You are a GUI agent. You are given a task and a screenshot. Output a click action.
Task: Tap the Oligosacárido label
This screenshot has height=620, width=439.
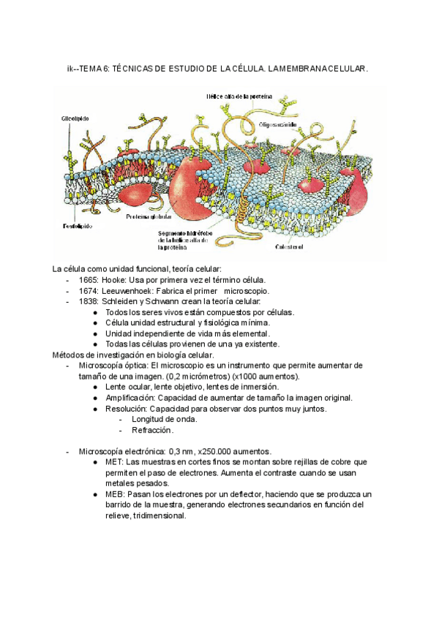click(x=277, y=124)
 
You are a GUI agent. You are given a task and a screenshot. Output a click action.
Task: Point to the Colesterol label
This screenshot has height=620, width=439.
click(x=289, y=247)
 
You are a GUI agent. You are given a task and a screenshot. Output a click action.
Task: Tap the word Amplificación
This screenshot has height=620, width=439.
click(x=129, y=398)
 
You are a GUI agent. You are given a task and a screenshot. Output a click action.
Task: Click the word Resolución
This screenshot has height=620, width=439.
click(x=125, y=409)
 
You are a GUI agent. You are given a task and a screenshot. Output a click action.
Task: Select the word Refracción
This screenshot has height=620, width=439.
click(x=152, y=431)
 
